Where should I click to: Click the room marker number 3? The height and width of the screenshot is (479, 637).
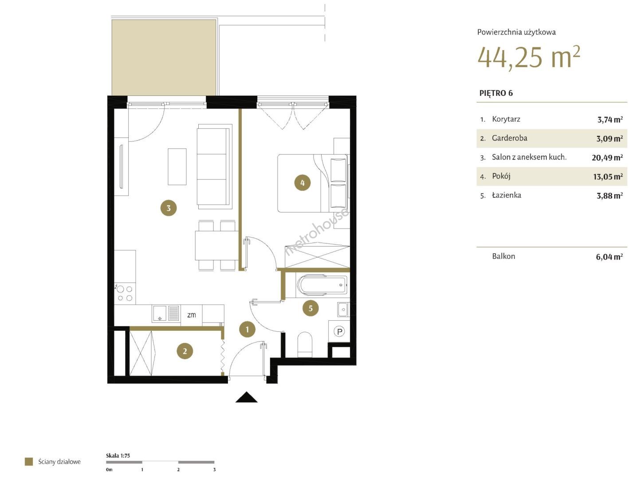click(168, 208)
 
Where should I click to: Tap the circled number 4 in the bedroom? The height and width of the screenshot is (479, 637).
click(303, 182)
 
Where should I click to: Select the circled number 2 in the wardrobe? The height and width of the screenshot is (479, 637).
click(185, 351)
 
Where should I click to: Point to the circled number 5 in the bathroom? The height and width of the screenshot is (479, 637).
click(311, 308)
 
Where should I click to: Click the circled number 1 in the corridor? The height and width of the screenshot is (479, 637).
click(247, 329)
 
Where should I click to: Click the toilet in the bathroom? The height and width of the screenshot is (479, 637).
click(305, 344)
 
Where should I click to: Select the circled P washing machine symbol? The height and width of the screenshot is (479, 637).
click(339, 331)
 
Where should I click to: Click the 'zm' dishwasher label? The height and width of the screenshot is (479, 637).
click(191, 315)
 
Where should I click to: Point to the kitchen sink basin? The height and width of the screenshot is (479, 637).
click(160, 313)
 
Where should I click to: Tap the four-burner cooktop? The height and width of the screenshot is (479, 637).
click(125, 293)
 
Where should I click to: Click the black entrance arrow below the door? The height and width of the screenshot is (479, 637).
click(246, 397)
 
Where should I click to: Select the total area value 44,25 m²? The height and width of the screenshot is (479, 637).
click(528, 58)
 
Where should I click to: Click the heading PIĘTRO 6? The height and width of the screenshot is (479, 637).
click(496, 93)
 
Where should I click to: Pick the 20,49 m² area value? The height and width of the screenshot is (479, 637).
click(607, 157)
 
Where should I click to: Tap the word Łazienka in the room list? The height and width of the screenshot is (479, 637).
click(507, 195)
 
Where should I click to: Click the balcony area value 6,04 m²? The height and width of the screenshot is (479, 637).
click(609, 256)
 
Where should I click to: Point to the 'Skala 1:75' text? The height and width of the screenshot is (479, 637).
click(118, 455)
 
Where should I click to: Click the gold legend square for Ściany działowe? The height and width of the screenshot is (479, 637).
click(29, 462)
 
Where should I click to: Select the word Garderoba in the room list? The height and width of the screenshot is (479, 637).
click(509, 138)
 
